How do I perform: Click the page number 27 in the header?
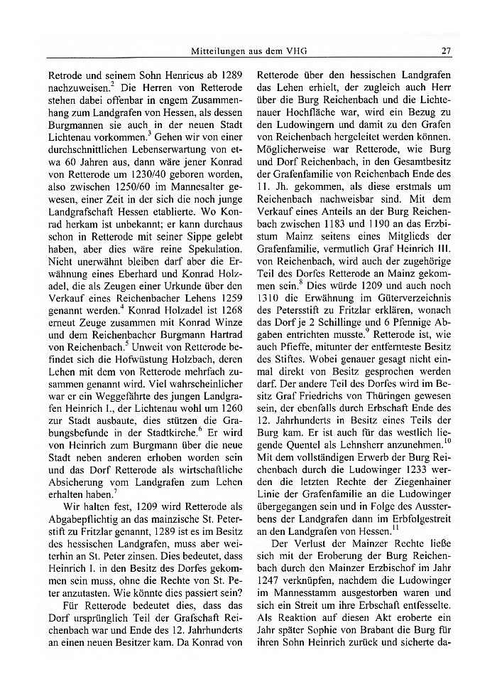click(x=447, y=51)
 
